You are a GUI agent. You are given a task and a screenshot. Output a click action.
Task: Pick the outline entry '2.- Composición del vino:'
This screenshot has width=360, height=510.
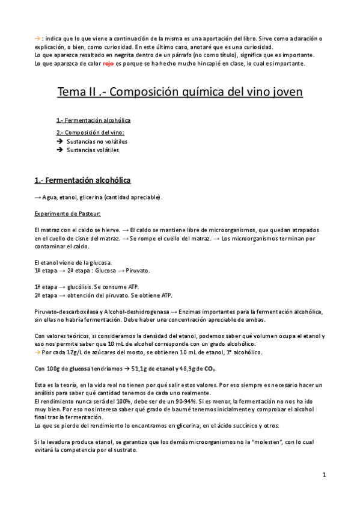pos(91,132)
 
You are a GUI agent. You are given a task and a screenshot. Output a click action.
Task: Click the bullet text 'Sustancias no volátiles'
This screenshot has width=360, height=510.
pos(97,141)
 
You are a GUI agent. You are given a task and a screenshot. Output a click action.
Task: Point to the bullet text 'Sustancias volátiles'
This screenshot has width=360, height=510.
pos(93,150)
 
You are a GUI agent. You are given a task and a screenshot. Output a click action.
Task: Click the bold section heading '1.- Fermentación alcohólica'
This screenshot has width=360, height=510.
pos(82,180)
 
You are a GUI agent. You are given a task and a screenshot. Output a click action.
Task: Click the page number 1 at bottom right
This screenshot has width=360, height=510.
pos(324,475)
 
